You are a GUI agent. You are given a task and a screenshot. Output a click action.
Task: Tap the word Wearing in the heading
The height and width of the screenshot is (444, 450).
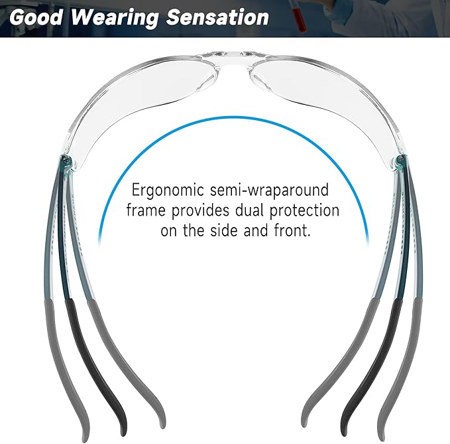coord(107,17)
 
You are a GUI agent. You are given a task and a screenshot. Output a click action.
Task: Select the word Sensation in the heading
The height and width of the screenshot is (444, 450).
coord(210,17)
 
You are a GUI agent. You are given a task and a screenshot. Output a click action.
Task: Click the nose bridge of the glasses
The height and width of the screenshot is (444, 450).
coord(226,52)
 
